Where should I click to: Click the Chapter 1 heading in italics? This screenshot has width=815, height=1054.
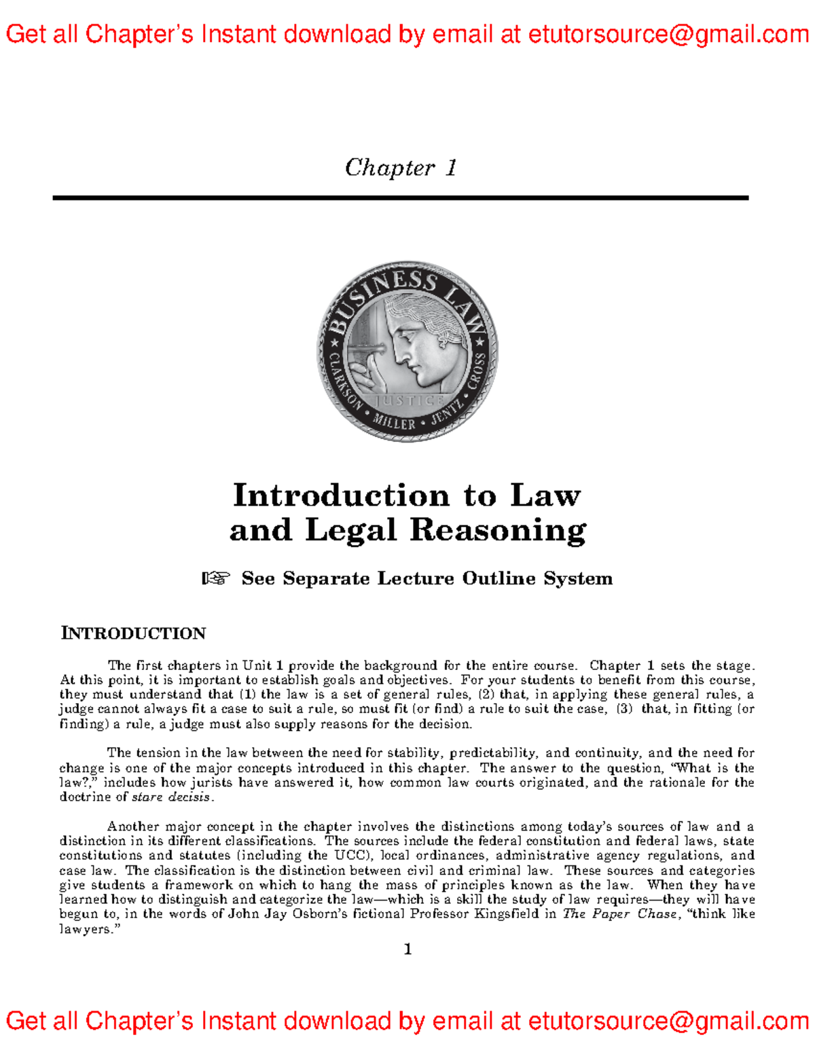tap(401, 168)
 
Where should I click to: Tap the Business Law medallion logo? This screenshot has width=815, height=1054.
tap(407, 352)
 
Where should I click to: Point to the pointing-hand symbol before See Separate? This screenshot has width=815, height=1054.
tap(216, 578)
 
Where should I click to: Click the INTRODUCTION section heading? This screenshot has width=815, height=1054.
tap(133, 633)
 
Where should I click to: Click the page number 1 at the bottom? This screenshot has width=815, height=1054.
tap(407, 949)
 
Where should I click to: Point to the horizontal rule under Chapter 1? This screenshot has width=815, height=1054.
tap(401, 197)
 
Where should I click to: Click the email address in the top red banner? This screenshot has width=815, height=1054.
tap(668, 34)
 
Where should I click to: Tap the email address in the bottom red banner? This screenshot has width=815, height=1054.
tap(668, 1021)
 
